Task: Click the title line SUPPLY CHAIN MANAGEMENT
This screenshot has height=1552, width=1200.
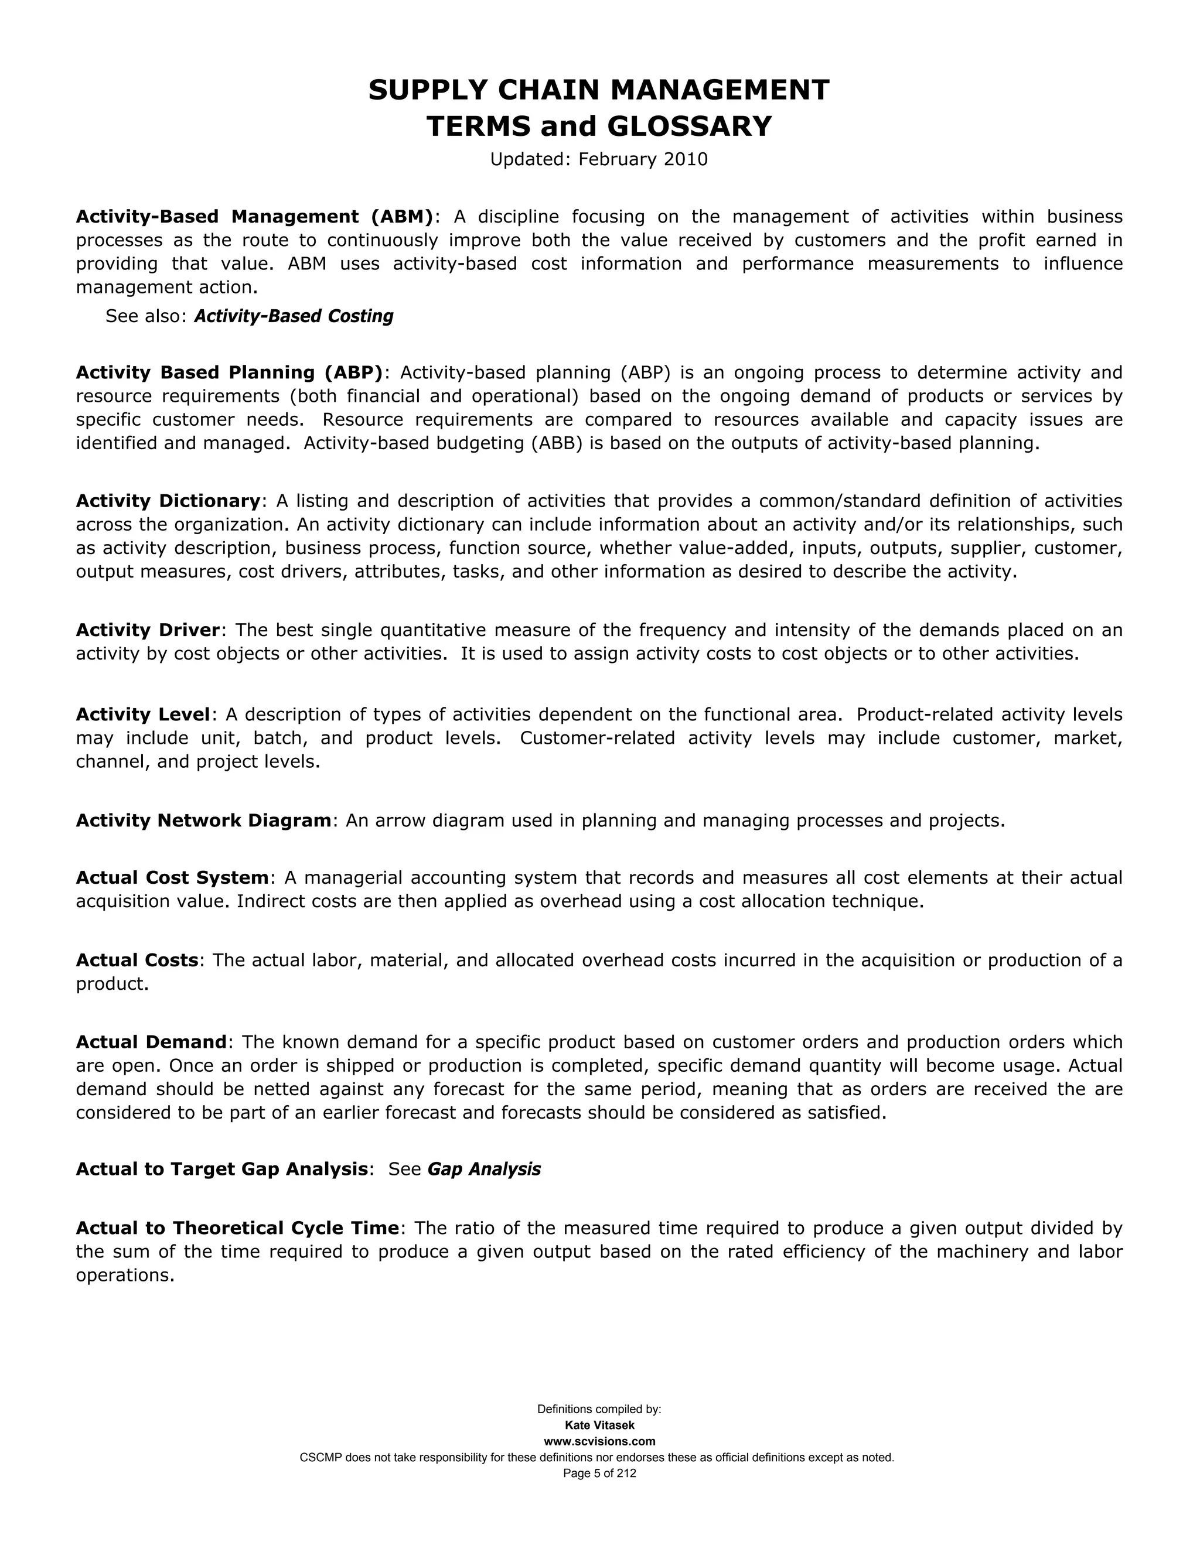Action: point(599,90)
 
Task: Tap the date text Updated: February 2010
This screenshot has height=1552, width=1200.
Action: point(599,159)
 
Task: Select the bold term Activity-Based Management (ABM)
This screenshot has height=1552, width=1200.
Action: point(254,217)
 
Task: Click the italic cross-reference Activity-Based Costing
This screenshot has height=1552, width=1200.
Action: point(293,316)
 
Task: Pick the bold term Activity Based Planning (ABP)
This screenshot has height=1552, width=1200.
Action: point(229,372)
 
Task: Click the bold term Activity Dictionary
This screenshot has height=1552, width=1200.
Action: point(168,501)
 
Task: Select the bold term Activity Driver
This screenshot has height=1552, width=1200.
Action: point(148,630)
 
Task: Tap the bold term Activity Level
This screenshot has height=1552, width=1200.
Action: point(143,714)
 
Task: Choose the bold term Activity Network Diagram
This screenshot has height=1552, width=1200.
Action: point(203,821)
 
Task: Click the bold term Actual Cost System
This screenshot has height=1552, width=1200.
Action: point(172,878)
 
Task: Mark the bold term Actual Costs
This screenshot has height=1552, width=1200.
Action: point(137,960)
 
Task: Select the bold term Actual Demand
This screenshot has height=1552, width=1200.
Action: point(151,1042)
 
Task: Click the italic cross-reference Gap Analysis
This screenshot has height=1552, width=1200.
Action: point(483,1169)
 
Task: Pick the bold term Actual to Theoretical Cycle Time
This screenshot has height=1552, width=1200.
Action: point(237,1228)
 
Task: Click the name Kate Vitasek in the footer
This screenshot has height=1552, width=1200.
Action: point(599,1425)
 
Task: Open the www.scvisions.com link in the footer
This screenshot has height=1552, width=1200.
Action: point(599,1441)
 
